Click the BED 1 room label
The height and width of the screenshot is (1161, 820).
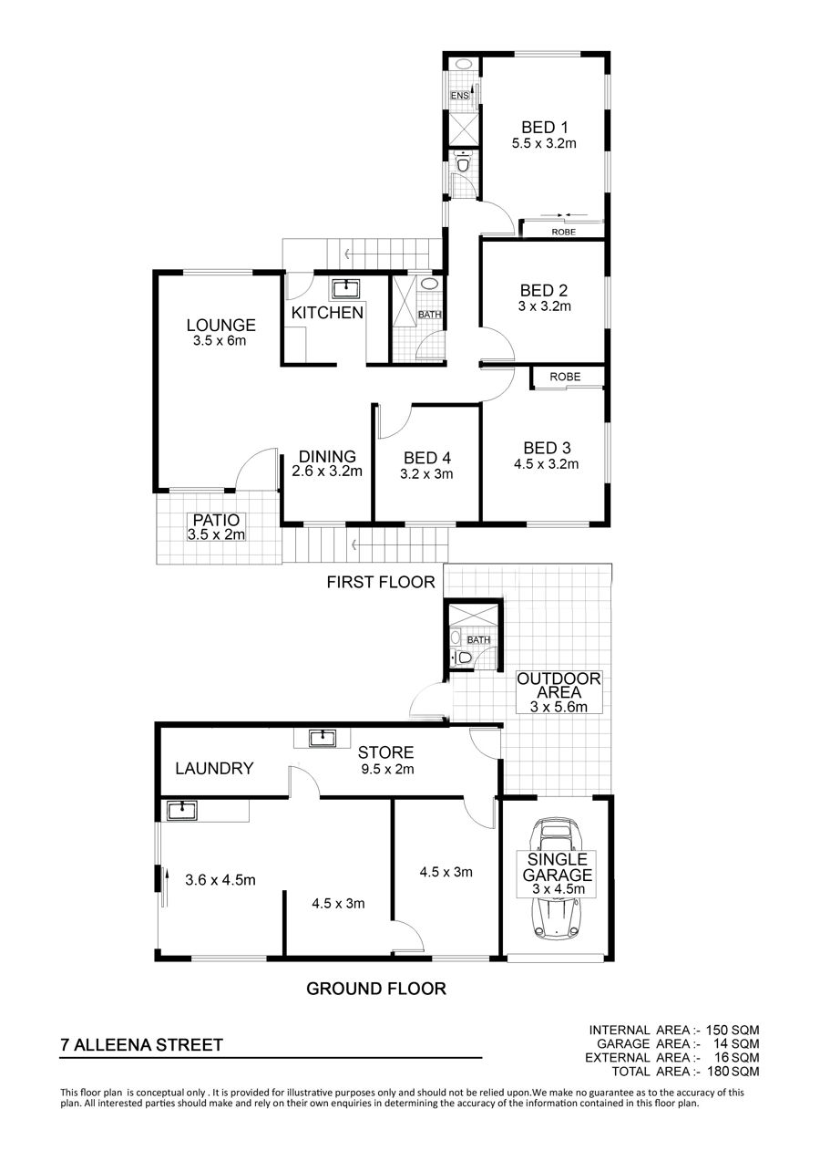[x=545, y=127]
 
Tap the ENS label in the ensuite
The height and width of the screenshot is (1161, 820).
[x=460, y=96]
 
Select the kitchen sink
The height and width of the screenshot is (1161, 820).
[x=346, y=289]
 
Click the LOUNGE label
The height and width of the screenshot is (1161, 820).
[x=221, y=325]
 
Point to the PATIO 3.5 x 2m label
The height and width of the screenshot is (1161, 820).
[x=217, y=527]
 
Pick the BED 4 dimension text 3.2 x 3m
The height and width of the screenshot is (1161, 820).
[x=426, y=473]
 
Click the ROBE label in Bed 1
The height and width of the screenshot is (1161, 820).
[x=564, y=233]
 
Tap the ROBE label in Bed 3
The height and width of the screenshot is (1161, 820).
[x=565, y=377]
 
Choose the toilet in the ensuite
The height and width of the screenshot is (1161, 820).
[x=463, y=163]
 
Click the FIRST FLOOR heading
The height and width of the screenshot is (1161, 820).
[x=381, y=582]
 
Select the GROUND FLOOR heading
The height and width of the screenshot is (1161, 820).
[x=376, y=989]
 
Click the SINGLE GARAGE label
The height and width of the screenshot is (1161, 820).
[x=557, y=867]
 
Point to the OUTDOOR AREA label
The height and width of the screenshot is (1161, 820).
[x=559, y=685]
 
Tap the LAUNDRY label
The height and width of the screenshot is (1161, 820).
[x=214, y=768]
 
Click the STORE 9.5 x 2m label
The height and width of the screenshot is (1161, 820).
[x=386, y=761]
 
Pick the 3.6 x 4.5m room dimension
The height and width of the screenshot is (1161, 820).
[x=220, y=879]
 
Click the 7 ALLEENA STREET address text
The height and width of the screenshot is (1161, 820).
[x=142, y=1044]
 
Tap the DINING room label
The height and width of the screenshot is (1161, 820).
[x=328, y=457]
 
